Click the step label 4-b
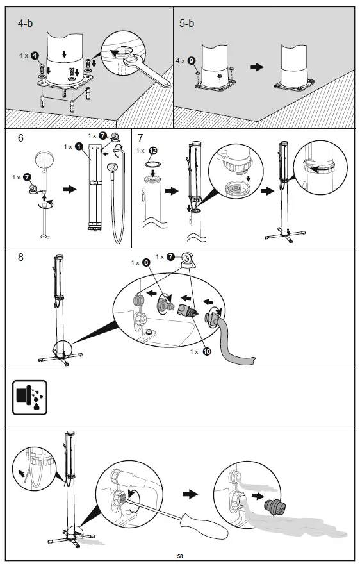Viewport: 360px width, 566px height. pyautogui.click(x=28, y=23)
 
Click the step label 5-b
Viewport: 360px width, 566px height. pyautogui.click(x=187, y=23)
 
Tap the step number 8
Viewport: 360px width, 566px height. pyautogui.click(x=21, y=257)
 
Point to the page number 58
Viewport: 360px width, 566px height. pyautogui.click(x=180, y=556)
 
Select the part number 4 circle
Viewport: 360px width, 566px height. pyautogui.click(x=35, y=56)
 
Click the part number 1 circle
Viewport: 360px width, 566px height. pyautogui.click(x=78, y=147)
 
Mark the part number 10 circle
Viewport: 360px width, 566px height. pyautogui.click(x=208, y=351)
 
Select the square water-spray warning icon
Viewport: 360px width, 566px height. pyautogui.click(x=29, y=397)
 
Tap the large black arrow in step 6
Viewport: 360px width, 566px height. pyautogui.click(x=67, y=190)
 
